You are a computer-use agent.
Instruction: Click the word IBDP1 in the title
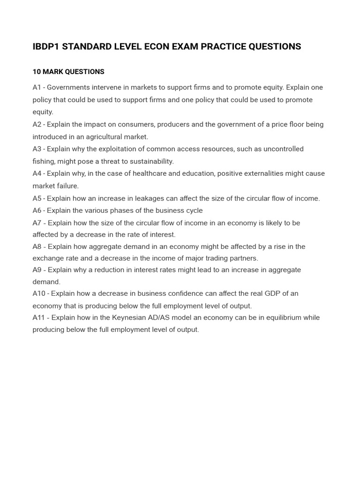(x=46, y=46)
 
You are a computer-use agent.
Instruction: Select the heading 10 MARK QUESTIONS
(x=68, y=72)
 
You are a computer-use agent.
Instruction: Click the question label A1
(x=37, y=88)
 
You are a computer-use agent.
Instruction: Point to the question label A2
(x=37, y=125)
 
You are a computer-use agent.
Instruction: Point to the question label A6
(x=37, y=210)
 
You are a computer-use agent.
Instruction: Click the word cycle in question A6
(x=194, y=210)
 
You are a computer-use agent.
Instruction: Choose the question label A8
(x=37, y=247)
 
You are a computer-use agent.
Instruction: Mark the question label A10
(x=39, y=293)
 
